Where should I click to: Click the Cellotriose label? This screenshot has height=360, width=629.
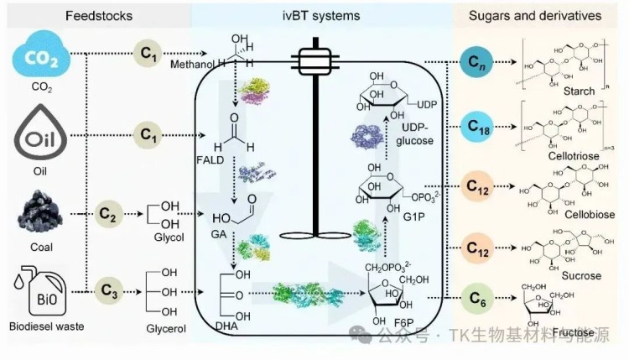pos(574,168)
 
